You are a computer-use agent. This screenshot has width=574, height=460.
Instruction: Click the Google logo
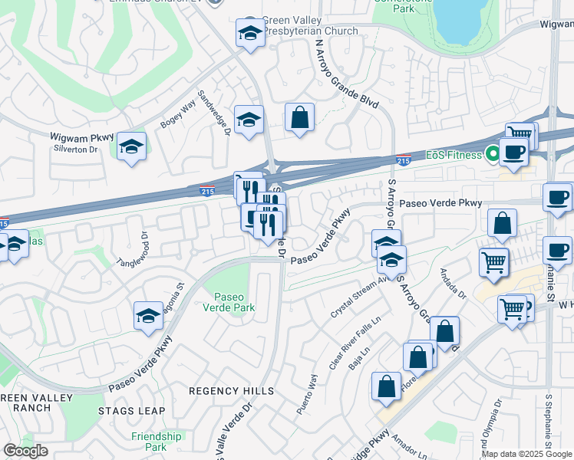25,451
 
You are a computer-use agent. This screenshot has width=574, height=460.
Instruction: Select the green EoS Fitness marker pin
491,154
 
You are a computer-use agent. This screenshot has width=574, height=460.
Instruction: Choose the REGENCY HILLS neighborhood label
231,391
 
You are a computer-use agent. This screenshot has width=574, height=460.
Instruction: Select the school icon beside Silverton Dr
132,147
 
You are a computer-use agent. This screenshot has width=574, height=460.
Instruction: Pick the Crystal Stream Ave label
358,298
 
